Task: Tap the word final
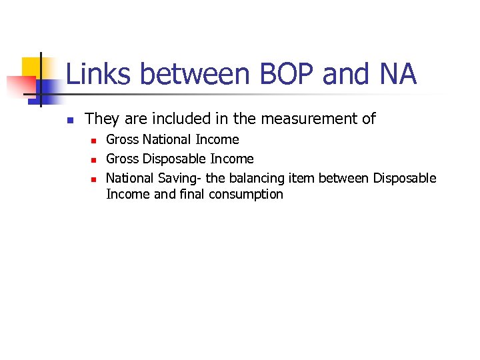192,195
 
